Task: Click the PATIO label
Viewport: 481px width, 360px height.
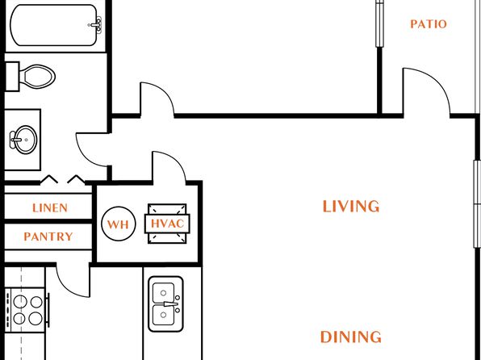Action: (429, 24)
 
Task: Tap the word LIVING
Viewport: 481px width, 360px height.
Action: (351, 207)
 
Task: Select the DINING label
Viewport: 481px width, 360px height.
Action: (351, 337)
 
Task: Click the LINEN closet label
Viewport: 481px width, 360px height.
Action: (50, 208)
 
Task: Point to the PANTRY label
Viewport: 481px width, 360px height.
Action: (48, 237)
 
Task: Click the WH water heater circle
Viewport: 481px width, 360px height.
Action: (119, 224)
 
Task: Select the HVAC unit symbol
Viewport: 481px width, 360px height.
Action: (167, 224)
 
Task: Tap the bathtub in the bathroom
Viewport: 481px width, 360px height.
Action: (54, 25)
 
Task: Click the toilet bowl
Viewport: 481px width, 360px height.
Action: (37, 77)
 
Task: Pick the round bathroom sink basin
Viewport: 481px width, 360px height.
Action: (26, 140)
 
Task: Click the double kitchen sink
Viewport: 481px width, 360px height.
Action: (165, 304)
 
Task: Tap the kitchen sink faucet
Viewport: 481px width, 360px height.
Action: (171, 304)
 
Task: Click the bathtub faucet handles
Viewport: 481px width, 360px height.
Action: (96, 25)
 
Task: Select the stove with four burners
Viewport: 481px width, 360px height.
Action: (26, 310)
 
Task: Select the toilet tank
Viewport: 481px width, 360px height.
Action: (12, 77)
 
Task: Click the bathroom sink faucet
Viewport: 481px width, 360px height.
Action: (14, 140)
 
